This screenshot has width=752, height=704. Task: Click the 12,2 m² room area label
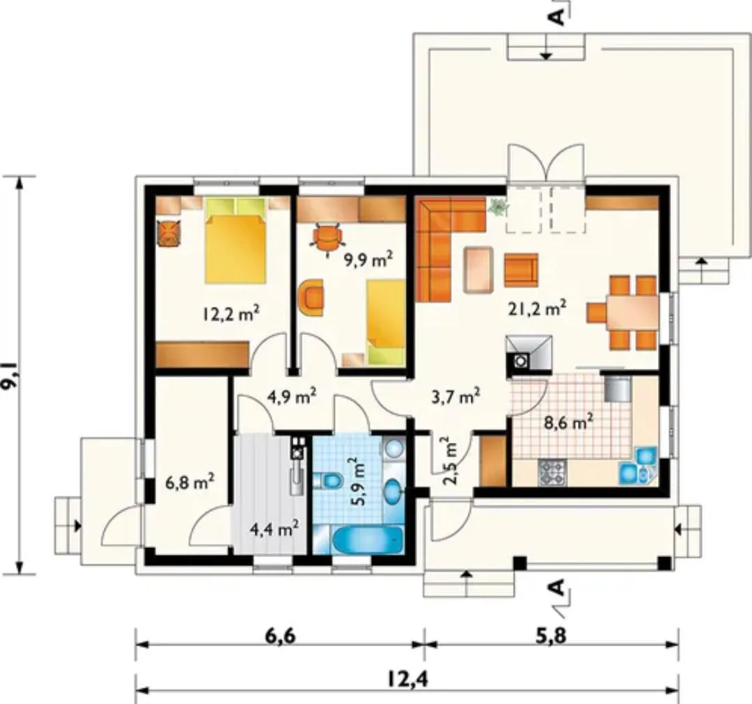click(x=231, y=314)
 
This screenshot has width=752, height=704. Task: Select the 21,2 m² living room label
click(x=537, y=308)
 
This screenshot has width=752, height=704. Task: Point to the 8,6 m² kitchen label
click(x=568, y=423)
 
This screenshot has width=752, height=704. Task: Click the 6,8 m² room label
click(x=189, y=482)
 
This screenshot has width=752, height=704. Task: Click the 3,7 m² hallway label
click(x=455, y=397)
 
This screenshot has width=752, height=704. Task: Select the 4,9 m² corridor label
click(x=292, y=397)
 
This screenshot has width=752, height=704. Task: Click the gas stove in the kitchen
click(x=552, y=472)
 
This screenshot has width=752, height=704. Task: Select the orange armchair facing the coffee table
click(x=521, y=270)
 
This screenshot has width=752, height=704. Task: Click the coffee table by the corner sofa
click(x=478, y=269)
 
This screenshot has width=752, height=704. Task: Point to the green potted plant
click(x=498, y=208)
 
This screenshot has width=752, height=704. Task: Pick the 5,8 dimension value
click(x=551, y=636)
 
